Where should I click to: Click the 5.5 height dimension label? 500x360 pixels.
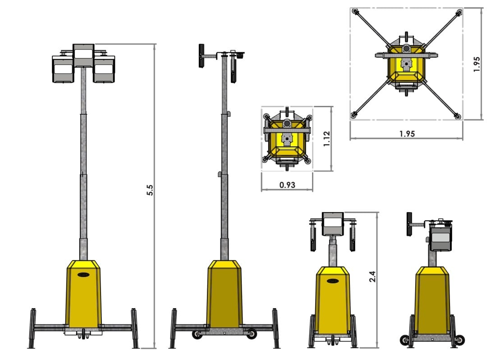[x=151, y=190]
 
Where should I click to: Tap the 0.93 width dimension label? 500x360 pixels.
[x=287, y=185]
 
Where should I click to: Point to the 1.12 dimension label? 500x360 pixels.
[x=327, y=138]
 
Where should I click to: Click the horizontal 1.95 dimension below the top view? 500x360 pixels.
[x=407, y=133]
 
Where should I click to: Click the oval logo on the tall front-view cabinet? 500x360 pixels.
[x=83, y=274]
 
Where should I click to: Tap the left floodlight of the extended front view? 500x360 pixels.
[x=63, y=69]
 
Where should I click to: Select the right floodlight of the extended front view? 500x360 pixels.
[x=104, y=69]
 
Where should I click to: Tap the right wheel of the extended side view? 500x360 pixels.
[x=252, y=334]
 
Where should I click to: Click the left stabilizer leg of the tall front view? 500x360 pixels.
[x=32, y=328]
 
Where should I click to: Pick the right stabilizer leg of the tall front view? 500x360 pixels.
[x=135, y=328]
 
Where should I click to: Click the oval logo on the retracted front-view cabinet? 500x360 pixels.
[x=333, y=281]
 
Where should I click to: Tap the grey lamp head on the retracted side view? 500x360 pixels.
[x=440, y=237]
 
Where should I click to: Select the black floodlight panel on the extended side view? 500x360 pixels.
[x=202, y=55]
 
